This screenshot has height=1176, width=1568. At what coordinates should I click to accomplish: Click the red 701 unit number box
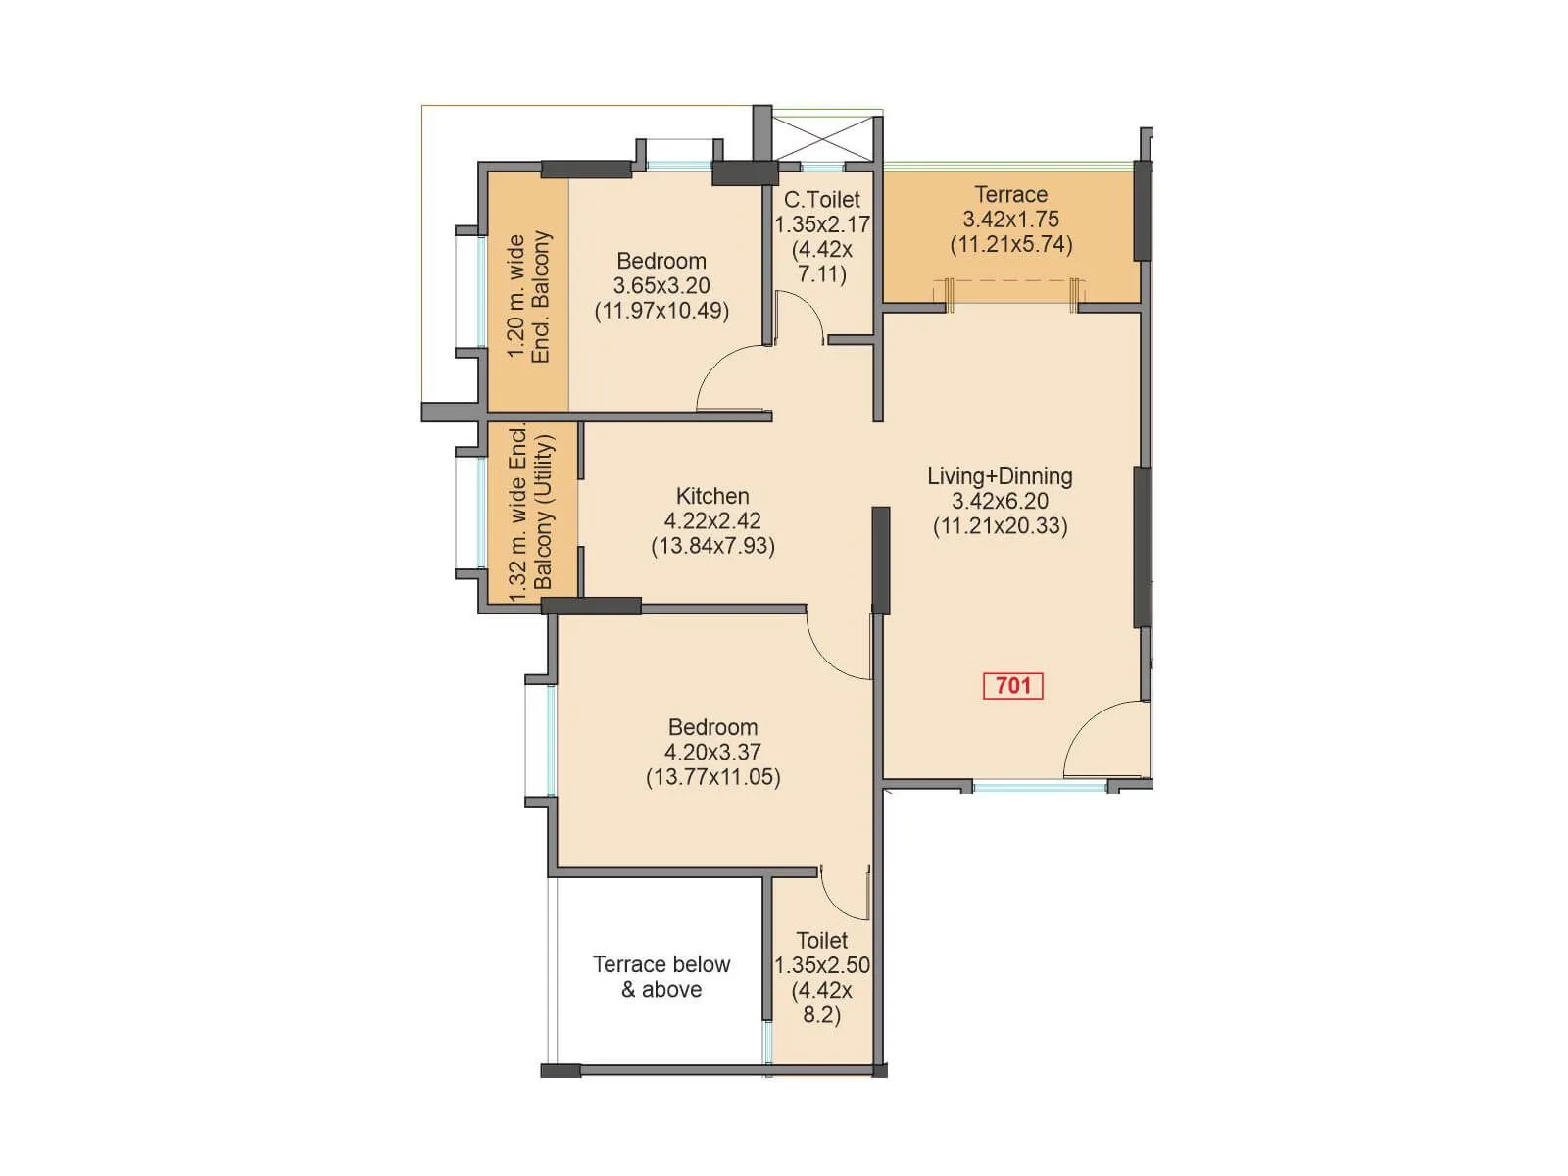click(1013, 686)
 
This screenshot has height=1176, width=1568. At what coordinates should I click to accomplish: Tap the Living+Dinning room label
click(1000, 476)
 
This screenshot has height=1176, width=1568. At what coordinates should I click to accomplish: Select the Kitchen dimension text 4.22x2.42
click(712, 521)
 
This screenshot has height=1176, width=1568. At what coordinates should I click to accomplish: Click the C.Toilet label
click(821, 200)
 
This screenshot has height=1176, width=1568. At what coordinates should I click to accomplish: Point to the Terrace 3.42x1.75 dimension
click(1010, 220)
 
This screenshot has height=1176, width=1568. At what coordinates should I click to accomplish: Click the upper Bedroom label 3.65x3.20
click(661, 285)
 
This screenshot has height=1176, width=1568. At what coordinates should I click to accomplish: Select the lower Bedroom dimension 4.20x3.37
click(712, 753)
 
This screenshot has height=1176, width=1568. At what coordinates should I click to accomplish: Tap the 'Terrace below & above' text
click(661, 977)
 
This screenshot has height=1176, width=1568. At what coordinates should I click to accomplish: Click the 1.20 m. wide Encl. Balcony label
click(529, 297)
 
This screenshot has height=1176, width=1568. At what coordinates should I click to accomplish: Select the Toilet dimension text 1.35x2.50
click(822, 965)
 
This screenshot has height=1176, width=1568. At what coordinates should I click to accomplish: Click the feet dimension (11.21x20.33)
click(1000, 526)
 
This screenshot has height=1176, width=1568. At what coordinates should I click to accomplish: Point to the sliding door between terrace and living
click(1010, 285)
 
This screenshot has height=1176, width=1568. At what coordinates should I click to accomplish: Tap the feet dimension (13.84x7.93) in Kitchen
click(712, 547)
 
